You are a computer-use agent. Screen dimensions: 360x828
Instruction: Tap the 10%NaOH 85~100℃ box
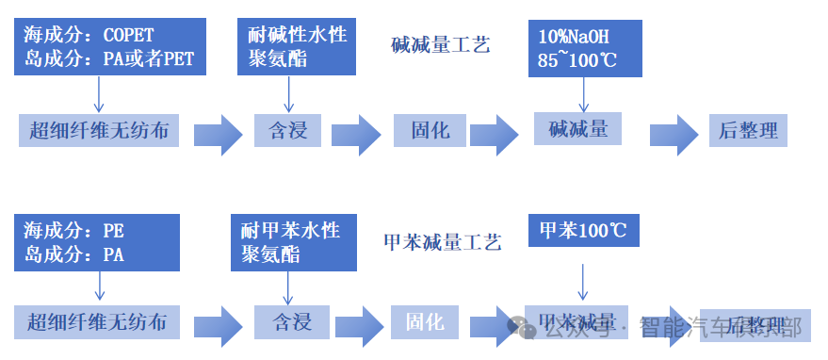coord(584,48)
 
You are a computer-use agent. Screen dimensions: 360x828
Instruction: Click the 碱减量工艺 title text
coord(440,44)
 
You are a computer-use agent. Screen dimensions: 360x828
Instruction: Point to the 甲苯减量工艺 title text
coord(442,242)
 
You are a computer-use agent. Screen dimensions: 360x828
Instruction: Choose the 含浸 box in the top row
coord(287,130)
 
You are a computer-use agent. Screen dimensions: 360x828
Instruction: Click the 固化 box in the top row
coord(430,130)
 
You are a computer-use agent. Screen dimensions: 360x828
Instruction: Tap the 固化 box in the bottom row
coord(424,321)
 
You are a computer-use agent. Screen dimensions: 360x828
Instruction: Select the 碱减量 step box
coord(578,129)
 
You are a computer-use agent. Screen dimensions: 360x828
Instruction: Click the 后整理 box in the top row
coord(748,130)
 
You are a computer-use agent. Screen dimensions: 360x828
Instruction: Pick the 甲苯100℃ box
coord(584,230)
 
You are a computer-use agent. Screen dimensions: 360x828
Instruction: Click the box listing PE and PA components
coord(98,241)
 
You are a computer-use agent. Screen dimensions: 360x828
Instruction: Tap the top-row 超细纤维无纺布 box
coord(99,130)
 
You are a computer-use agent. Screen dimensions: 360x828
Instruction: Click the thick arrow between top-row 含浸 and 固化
coord(355,134)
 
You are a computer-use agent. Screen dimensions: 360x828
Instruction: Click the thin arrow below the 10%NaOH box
coord(584,94)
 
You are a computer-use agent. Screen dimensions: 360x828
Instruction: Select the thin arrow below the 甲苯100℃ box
coord(583,283)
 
